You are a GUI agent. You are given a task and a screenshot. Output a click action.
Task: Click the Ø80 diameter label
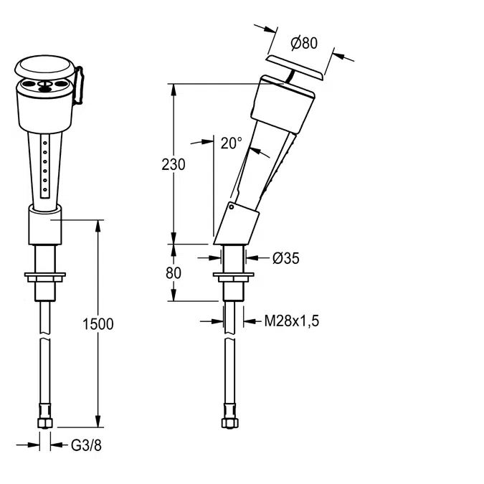coord(304,43)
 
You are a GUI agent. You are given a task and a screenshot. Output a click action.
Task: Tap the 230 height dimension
coord(174,164)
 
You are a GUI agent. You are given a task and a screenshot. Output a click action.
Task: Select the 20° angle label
coord(231,143)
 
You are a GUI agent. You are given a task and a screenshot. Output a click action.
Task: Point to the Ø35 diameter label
coord(286,257)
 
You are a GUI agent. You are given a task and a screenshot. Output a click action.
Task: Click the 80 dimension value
coord(174,273)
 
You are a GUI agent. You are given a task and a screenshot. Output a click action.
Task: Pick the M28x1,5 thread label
coord(292,321)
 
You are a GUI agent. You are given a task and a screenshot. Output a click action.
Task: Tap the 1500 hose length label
coord(98,324)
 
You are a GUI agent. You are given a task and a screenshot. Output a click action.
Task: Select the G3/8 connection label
coord(86,445)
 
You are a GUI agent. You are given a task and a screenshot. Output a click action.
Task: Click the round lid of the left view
coord(44,67)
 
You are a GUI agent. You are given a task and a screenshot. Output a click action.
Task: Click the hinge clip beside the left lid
coord(80,86)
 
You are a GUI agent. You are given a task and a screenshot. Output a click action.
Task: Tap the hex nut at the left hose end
coord(45,422)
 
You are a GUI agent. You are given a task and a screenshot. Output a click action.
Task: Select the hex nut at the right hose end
coord(229,422)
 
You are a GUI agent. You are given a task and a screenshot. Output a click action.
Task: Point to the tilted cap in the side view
coord(295,68)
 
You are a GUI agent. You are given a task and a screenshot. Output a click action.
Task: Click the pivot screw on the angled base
coord(231,207)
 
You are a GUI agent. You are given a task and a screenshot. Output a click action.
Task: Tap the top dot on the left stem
coord(45,143)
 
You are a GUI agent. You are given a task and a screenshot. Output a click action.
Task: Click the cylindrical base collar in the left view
coord(45,224)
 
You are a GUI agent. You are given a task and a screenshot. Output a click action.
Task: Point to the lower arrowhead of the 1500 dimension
coord(98,422)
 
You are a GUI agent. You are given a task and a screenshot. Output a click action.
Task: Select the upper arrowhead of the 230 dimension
coord(174,90)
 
